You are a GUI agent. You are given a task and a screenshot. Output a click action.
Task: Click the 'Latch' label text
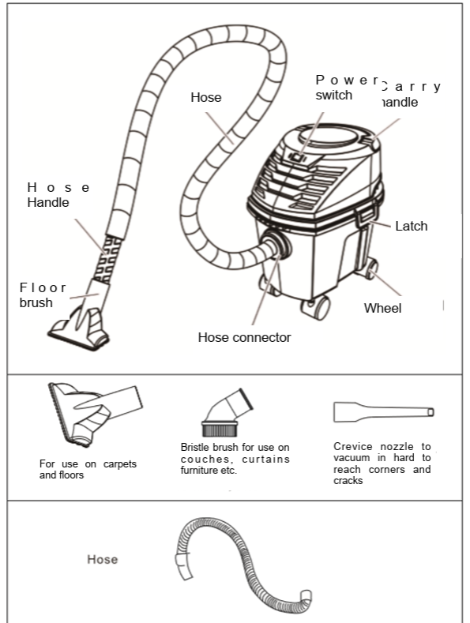click(x=411, y=227)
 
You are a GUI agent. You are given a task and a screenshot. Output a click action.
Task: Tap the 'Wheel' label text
click(x=382, y=308)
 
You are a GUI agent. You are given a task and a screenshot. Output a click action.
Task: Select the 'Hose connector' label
click(x=244, y=337)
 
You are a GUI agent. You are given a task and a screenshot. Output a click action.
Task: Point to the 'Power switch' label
click(x=345, y=87)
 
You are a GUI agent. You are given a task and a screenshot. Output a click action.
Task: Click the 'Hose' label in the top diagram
click(x=205, y=98)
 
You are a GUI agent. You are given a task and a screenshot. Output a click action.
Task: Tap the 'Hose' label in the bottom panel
click(x=102, y=559)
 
